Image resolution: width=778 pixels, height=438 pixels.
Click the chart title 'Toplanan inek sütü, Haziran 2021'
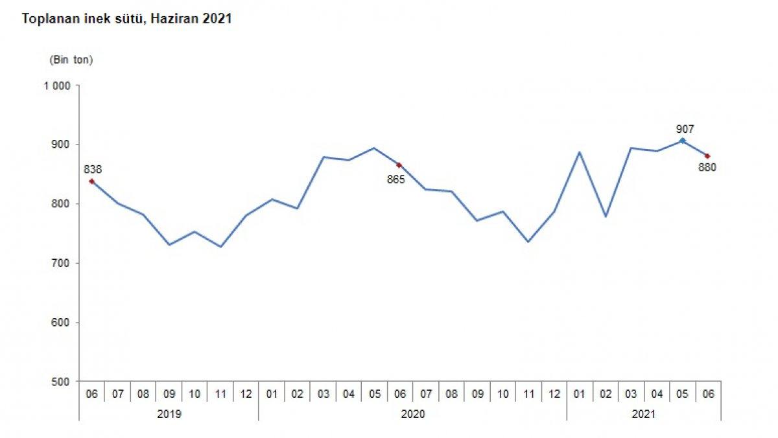[127, 19]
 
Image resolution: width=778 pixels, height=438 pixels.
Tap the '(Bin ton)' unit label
[71, 60]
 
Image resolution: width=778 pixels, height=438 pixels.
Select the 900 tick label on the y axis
[61, 144]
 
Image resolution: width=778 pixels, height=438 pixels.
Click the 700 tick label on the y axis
[61, 263]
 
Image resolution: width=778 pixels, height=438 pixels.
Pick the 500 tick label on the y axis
[61, 382]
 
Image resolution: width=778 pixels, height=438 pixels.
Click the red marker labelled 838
[91, 181]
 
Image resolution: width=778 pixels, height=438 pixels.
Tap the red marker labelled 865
[399, 165]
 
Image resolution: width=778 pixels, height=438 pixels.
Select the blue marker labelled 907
[682, 140]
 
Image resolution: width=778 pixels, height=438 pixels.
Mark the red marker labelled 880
[707, 156]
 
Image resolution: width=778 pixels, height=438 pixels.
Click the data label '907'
[684, 128]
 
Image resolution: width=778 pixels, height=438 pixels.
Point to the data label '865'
[395, 179]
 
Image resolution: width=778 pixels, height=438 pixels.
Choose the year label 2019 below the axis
[169, 413]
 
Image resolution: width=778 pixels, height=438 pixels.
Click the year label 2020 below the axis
[412, 413]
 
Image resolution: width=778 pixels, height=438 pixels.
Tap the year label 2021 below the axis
[643, 413]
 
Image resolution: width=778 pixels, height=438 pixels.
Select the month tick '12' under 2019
[246, 394]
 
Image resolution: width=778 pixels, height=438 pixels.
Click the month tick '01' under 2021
[579, 394]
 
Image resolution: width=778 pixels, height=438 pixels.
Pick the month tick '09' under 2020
[477, 394]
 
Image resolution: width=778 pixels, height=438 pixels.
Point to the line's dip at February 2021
[605, 216]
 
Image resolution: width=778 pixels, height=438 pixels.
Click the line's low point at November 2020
[528, 242]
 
